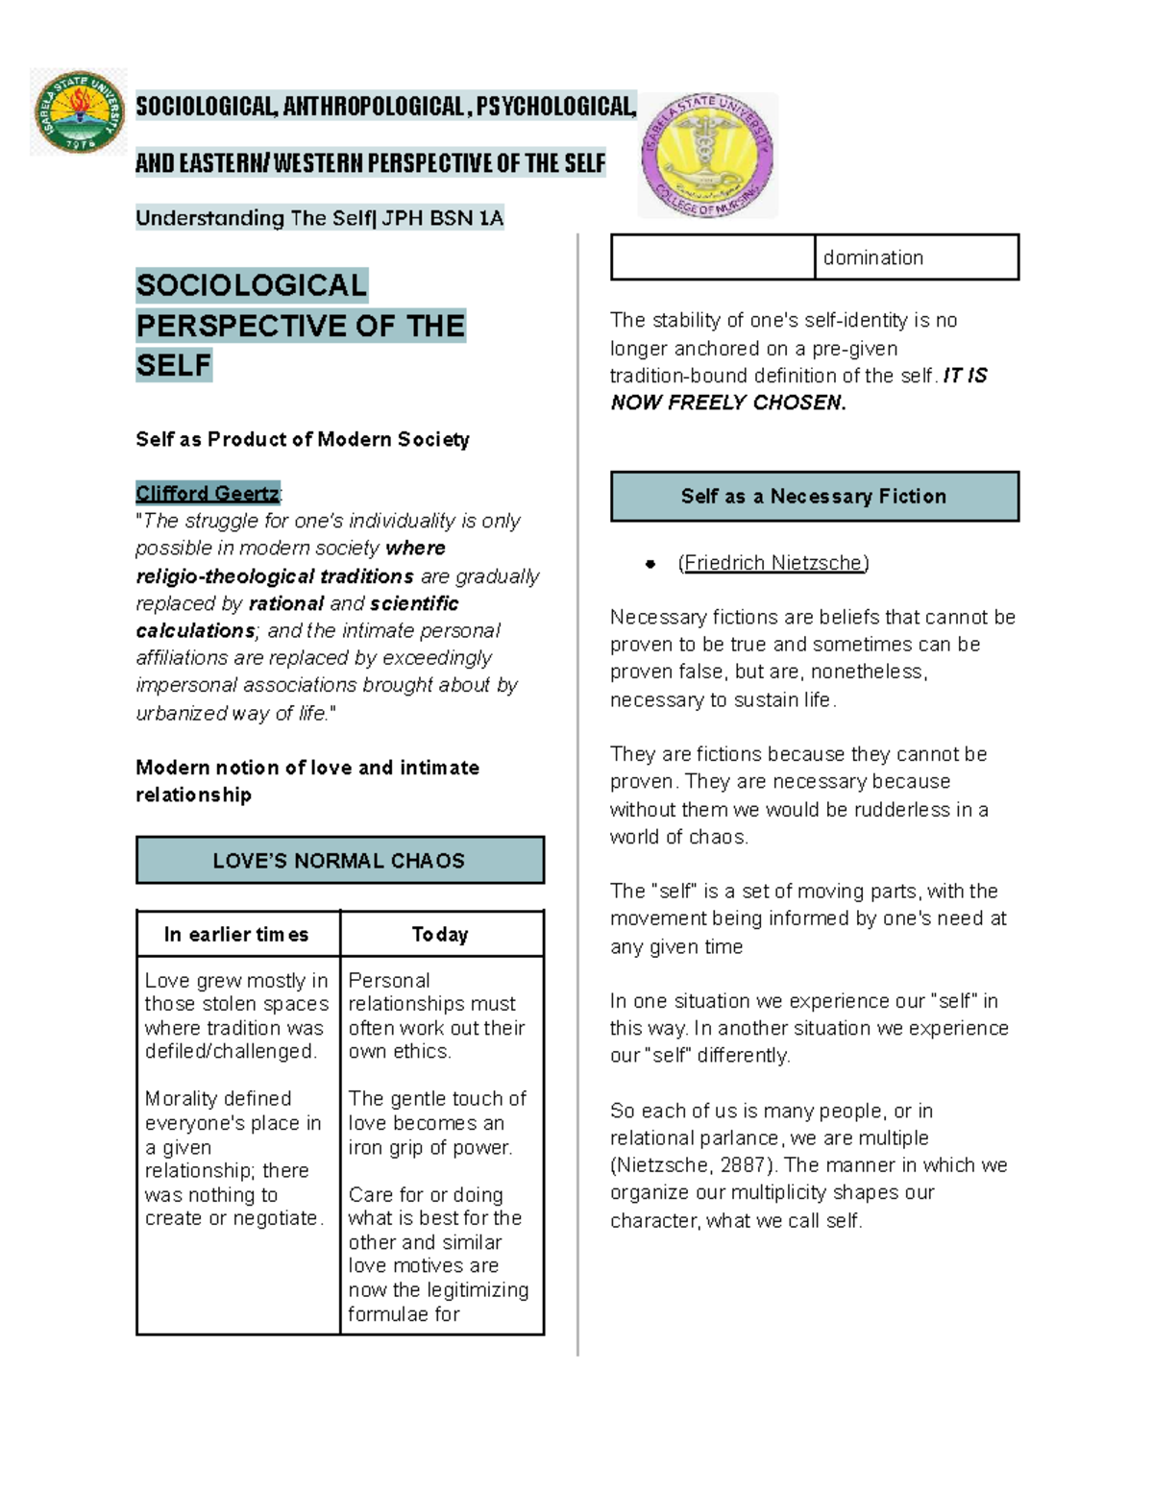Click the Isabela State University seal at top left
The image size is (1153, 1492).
click(x=79, y=111)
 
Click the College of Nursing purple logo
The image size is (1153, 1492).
click(x=708, y=155)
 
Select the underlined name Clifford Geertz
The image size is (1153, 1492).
click(x=207, y=493)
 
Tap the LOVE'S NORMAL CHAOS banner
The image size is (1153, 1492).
click(x=339, y=860)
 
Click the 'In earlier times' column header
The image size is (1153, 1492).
click(x=236, y=934)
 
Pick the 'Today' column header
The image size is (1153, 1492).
click(x=440, y=934)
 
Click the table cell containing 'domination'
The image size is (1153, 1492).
click(x=915, y=257)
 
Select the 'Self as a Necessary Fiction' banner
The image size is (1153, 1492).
click(x=814, y=496)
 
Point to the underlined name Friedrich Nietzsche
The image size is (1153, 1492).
click(x=773, y=563)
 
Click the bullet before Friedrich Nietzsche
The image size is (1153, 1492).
click(x=650, y=564)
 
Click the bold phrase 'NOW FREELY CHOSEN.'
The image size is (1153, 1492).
click(x=728, y=403)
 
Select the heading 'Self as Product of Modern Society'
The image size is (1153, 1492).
click(x=302, y=439)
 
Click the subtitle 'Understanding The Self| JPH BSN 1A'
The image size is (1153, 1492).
click(x=319, y=218)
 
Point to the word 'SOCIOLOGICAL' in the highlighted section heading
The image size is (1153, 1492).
click(x=251, y=285)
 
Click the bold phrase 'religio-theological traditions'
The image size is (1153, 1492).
click(x=275, y=576)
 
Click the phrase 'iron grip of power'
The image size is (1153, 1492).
click(x=429, y=1147)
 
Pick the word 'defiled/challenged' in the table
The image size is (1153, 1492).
click(x=230, y=1051)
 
